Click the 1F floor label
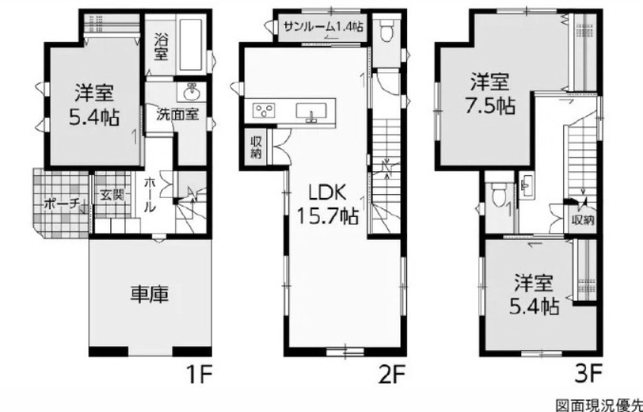click(x=199, y=374)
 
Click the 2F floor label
click(x=392, y=374)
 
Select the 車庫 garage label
click(x=149, y=295)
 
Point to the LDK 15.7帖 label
click(x=327, y=204)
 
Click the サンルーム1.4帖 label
click(x=323, y=27)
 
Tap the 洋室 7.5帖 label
click(x=490, y=94)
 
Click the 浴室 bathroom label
click(x=161, y=47)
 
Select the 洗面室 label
click(x=178, y=114)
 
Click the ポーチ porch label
click(x=61, y=204)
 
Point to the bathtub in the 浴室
click(x=191, y=45)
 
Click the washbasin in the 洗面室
click(x=191, y=92)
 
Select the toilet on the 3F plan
click(x=498, y=194)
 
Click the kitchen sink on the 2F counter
click(x=311, y=111)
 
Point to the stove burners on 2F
click(x=264, y=110)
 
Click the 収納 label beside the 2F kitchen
click(x=256, y=147)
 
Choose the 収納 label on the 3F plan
click(x=583, y=221)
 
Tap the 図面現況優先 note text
click(x=599, y=405)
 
